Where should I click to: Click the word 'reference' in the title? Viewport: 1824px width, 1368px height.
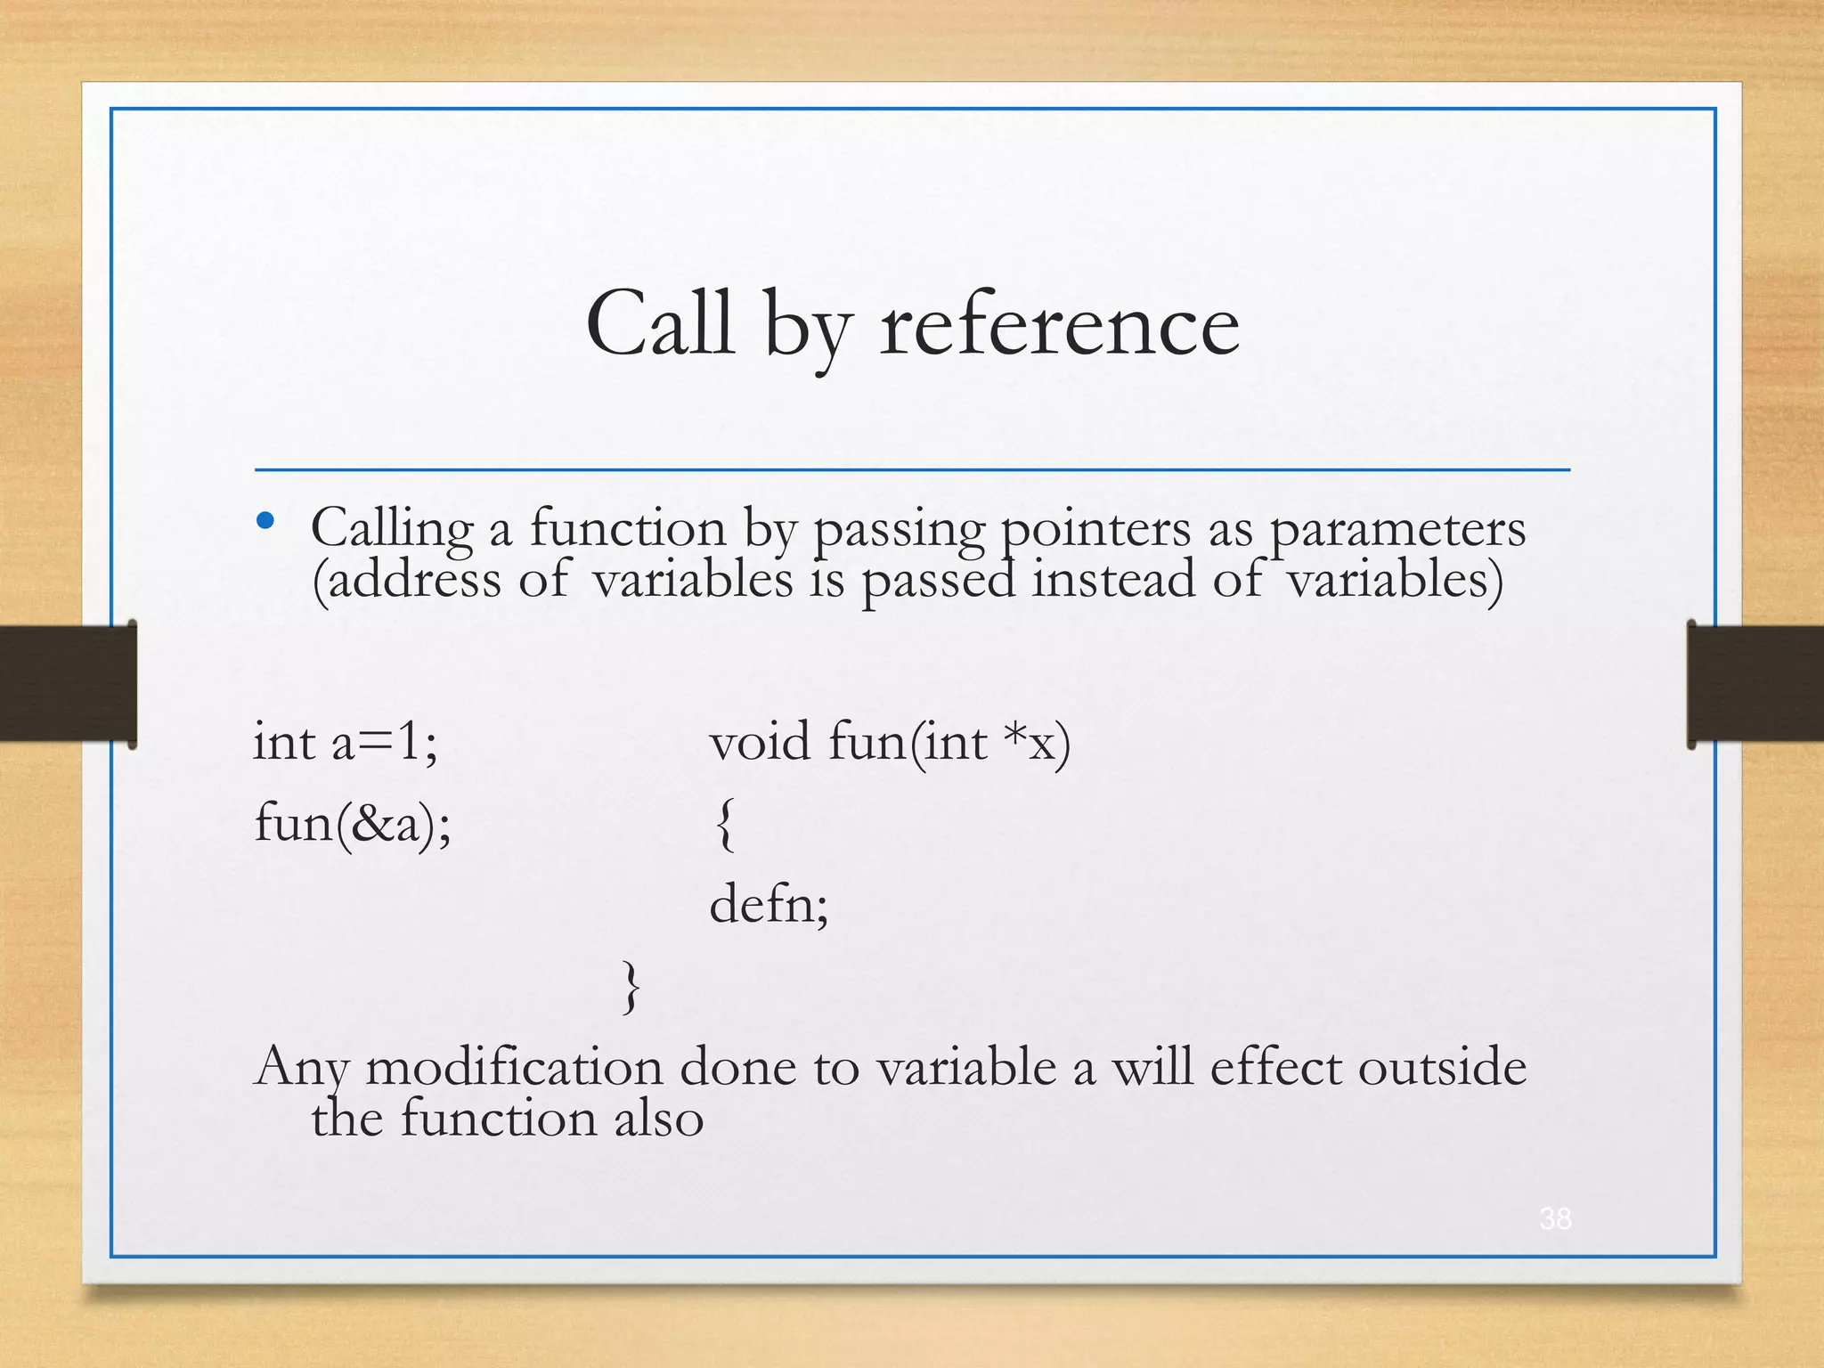[1059, 326]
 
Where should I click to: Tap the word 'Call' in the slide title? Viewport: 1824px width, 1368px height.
[659, 324]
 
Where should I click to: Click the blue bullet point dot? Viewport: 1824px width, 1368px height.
[265, 521]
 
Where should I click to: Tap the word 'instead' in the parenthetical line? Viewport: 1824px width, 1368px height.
[1113, 579]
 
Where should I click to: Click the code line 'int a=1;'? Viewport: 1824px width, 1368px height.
[346, 742]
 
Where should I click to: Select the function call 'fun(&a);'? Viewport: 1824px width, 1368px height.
[353, 823]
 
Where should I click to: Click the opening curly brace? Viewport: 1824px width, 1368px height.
[725, 825]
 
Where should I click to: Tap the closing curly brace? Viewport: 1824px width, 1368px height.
[631, 987]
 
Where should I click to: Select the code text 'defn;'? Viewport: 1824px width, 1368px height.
[769, 905]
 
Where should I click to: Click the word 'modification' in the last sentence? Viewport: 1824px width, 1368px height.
[514, 1067]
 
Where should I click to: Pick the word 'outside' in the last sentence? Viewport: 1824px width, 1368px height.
[1442, 1067]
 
